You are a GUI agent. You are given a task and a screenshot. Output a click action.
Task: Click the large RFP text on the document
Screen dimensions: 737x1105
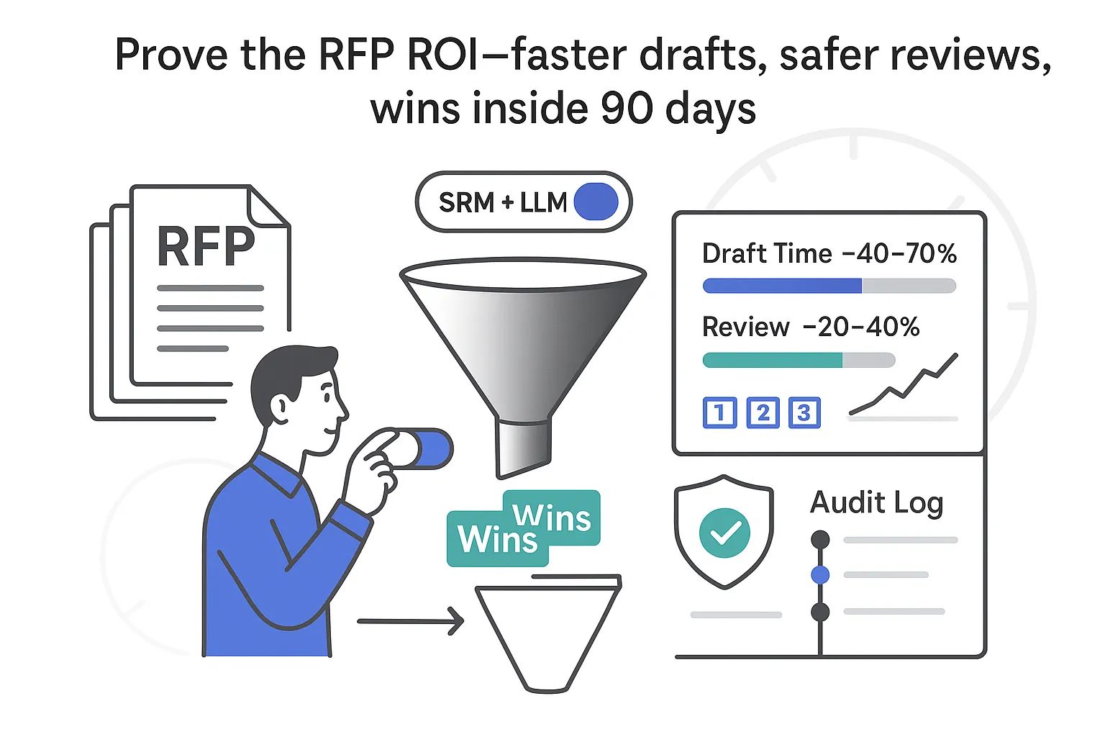pyautogui.click(x=206, y=247)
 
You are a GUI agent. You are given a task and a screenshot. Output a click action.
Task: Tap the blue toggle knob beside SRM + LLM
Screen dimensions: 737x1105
pyautogui.click(x=596, y=202)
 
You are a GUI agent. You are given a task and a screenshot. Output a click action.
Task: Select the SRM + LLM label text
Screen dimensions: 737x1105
pyautogui.click(x=503, y=203)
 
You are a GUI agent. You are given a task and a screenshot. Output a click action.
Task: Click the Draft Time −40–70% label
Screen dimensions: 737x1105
pyautogui.click(x=829, y=253)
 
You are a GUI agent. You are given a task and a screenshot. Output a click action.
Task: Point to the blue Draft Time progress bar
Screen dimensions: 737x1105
pyautogui.click(x=782, y=286)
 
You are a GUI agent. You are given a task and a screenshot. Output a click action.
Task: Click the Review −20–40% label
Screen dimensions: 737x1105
pyautogui.click(x=811, y=327)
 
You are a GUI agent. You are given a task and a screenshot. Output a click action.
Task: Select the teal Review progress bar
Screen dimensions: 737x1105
pyautogui.click(x=772, y=360)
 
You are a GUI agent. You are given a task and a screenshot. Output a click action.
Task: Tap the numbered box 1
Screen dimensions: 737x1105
pyautogui.click(x=719, y=413)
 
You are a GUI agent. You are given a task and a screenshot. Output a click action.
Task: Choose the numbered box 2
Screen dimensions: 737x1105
pyautogui.click(x=763, y=413)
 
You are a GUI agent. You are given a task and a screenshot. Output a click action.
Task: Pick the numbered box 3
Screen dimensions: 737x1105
pyautogui.click(x=804, y=413)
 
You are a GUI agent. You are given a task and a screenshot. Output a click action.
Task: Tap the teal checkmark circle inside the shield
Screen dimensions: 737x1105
pyautogui.click(x=724, y=533)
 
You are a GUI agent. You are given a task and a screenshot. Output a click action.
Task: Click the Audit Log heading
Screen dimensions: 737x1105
pyautogui.click(x=876, y=502)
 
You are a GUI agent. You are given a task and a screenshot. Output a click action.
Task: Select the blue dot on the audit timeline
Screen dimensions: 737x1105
pyautogui.click(x=820, y=574)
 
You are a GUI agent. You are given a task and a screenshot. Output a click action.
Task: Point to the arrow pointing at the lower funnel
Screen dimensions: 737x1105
pyautogui.click(x=411, y=621)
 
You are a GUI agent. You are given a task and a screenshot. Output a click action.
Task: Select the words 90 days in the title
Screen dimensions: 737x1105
pyautogui.click(x=678, y=109)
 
